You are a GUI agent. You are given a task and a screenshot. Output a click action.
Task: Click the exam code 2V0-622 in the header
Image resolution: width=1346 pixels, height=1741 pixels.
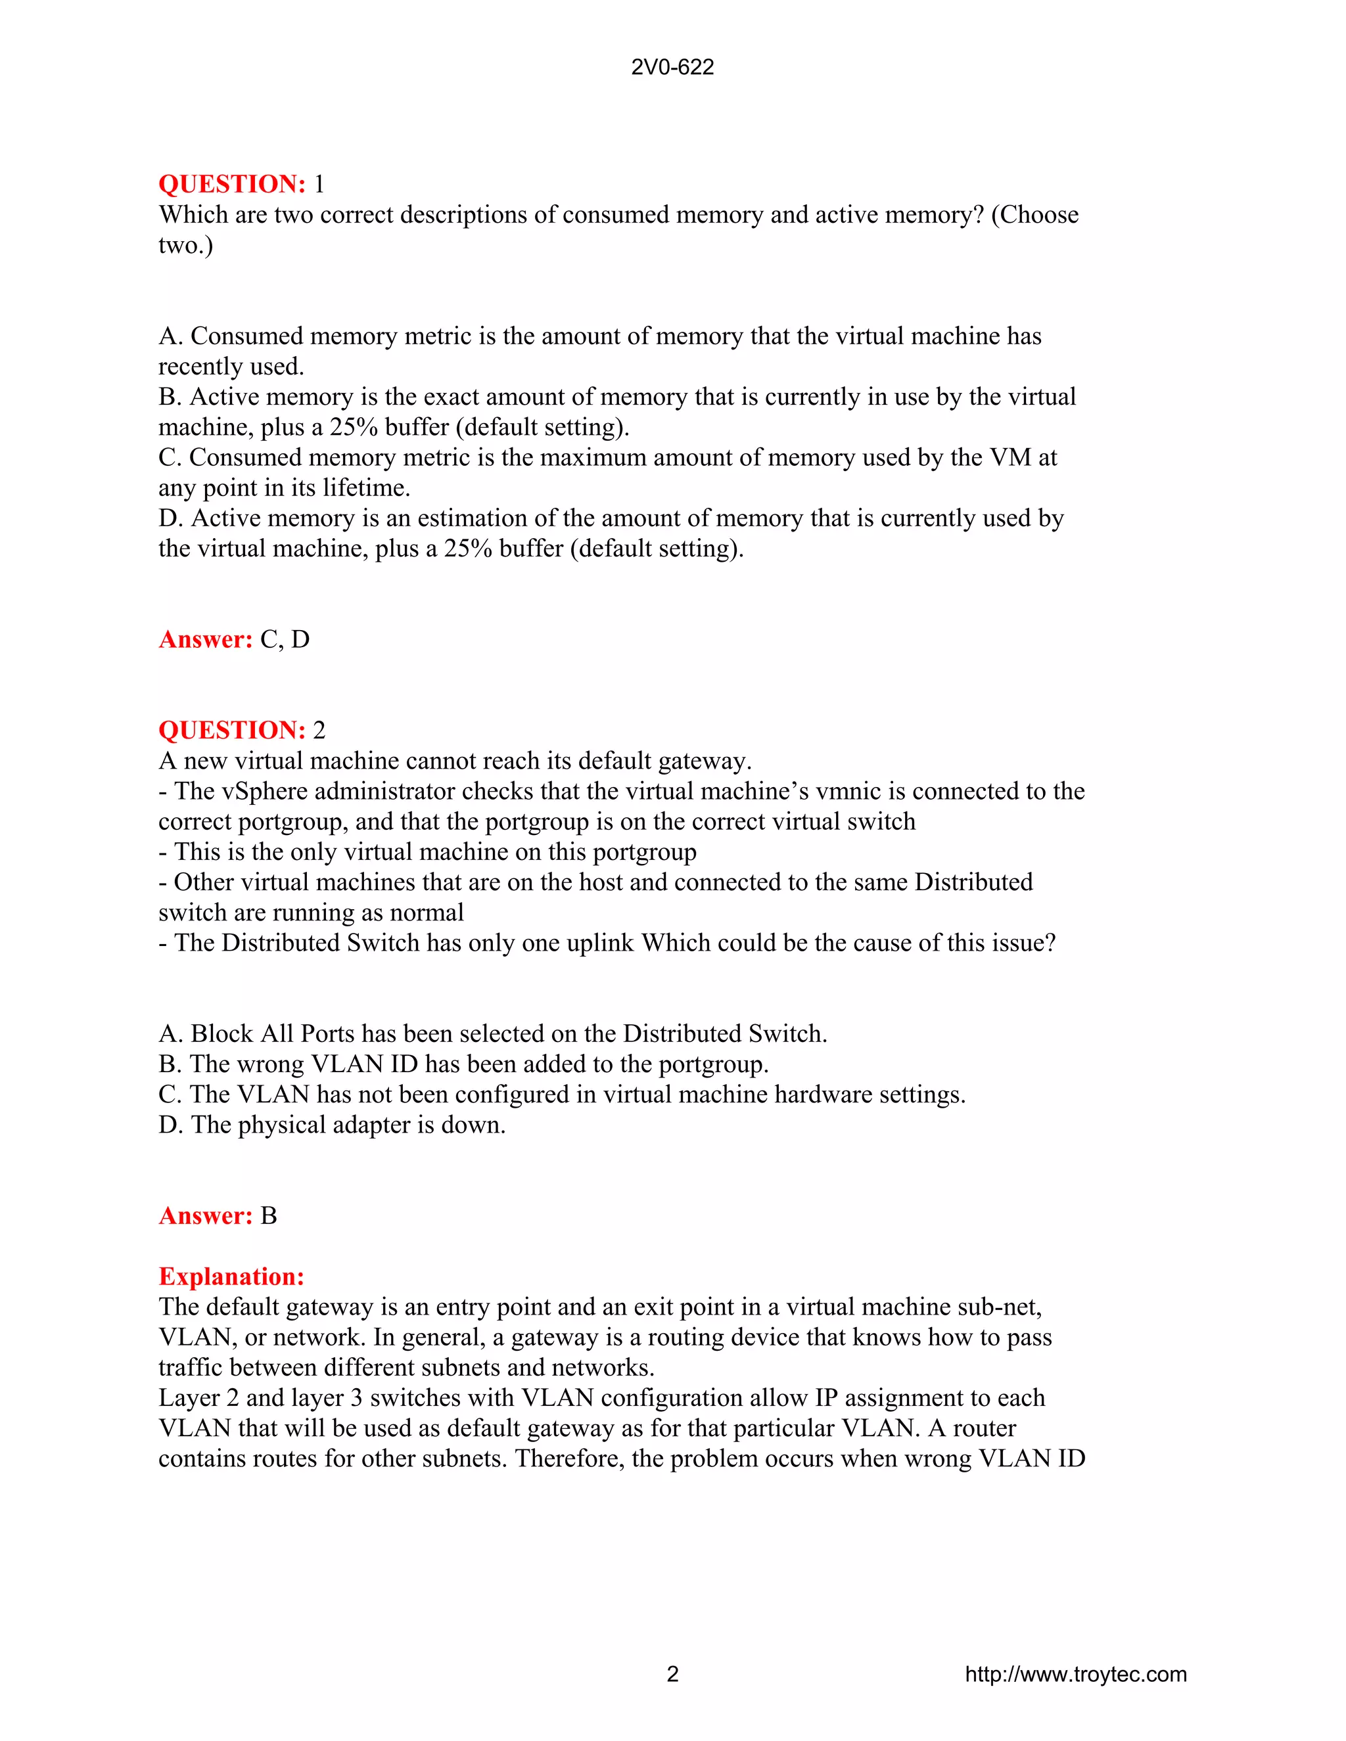pos(672,67)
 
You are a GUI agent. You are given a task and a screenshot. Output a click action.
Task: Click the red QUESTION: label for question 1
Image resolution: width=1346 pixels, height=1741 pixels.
pos(232,184)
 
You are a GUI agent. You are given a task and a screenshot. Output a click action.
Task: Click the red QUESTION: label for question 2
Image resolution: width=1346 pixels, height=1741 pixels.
pos(232,730)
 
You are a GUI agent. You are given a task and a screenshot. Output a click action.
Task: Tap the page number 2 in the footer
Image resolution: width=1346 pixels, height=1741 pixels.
pos(672,1674)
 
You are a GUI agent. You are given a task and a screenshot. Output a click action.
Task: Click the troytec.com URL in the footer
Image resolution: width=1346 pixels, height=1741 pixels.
pos(1076,1674)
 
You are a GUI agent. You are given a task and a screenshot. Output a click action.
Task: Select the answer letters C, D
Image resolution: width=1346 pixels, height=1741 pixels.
pos(285,639)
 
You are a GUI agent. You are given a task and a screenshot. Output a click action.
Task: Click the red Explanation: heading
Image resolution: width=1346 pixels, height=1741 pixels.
pos(231,1277)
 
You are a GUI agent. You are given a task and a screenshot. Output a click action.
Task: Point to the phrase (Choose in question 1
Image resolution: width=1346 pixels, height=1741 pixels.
pos(1034,215)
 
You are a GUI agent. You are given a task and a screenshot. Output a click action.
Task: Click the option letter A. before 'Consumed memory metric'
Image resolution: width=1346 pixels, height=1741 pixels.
pos(171,336)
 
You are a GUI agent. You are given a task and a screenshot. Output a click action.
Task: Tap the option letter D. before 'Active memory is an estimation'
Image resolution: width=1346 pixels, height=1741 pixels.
pos(171,518)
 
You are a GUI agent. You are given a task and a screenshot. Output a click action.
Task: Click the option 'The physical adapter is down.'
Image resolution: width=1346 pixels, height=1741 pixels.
pos(348,1125)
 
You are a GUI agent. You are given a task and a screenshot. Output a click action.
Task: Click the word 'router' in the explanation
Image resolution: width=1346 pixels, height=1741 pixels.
pos(984,1428)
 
